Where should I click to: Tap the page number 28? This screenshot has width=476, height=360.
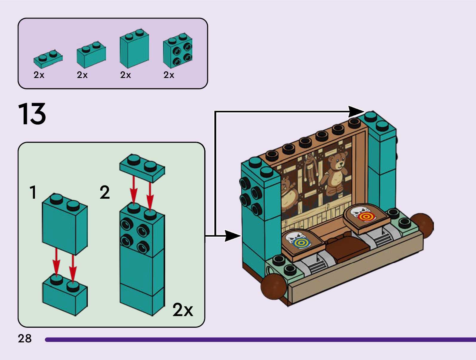point(24,338)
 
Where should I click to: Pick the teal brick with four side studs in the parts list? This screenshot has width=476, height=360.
point(178,51)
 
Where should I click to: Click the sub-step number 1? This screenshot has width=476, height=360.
point(33,192)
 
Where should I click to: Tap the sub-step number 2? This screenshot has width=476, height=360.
point(105,192)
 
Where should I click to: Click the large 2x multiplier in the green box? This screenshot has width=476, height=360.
point(183,310)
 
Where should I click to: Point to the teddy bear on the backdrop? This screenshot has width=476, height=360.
point(336,172)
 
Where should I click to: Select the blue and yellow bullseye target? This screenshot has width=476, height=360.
point(300,243)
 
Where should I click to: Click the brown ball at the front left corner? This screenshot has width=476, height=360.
point(273,286)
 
